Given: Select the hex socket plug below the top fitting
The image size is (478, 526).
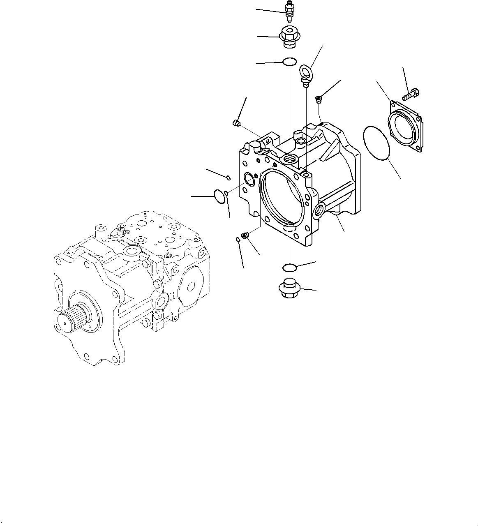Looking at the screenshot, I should (x=289, y=37).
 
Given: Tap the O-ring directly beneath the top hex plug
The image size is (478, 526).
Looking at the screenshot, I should (x=289, y=62).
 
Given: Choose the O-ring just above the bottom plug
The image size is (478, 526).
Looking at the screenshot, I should (x=290, y=268).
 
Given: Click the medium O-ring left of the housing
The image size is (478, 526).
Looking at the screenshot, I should (x=220, y=196).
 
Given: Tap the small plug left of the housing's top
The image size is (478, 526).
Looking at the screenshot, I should (x=236, y=122).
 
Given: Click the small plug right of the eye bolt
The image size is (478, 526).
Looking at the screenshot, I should (x=318, y=98).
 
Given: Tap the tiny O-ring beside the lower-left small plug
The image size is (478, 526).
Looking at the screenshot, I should (x=238, y=240).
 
